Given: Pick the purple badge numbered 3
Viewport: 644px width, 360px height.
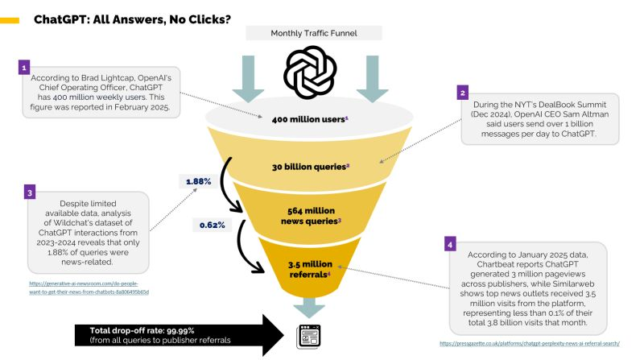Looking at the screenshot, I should [x=29, y=193].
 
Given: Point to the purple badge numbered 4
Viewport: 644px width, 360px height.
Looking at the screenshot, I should [x=451, y=242].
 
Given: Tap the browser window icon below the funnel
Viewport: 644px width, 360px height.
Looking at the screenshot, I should [x=309, y=333].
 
